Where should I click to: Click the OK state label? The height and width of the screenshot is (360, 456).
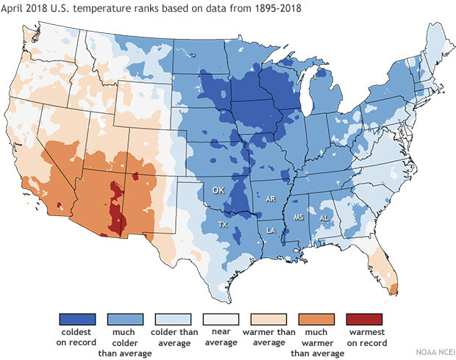click(x=218, y=190)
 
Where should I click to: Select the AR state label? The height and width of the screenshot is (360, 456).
click(x=270, y=199)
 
